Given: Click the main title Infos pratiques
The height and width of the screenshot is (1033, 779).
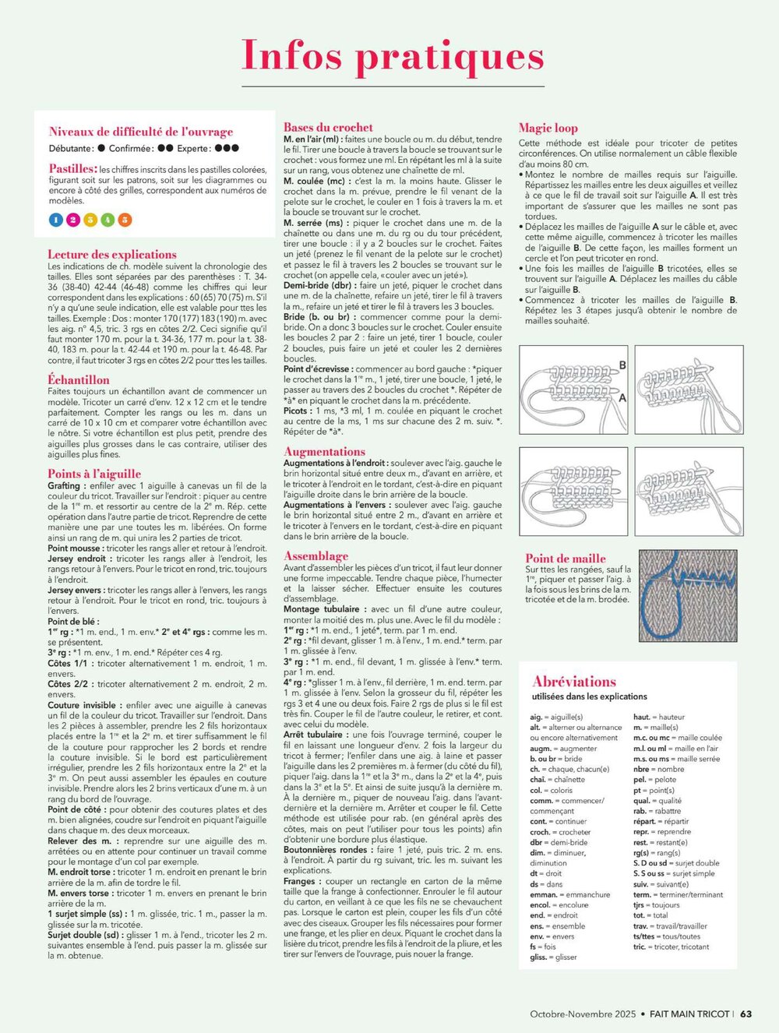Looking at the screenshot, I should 393,55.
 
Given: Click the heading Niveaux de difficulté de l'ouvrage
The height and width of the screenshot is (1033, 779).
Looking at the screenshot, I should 141,132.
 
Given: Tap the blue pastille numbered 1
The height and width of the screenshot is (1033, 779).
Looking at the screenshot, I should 56,220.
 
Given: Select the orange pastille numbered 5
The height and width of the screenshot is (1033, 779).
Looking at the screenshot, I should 124,220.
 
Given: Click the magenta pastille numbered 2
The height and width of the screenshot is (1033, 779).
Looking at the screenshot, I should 73,220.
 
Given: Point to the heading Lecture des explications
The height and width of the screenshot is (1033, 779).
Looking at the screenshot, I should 112,254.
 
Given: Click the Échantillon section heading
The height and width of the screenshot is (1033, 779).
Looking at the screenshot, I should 79,379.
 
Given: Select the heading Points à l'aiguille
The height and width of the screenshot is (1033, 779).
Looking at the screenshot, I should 94,473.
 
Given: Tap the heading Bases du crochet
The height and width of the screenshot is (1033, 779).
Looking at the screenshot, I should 328,127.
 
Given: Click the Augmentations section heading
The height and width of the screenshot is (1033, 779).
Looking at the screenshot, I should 324,451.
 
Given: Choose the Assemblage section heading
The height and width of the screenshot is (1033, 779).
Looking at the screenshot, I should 315,555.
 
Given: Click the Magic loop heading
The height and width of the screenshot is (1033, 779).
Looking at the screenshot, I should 548,128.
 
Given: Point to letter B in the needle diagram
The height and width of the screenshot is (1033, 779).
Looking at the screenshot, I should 622,365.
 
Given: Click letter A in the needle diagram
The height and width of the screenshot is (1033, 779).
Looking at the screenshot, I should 622,397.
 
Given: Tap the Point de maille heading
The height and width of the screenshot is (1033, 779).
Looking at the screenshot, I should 566,558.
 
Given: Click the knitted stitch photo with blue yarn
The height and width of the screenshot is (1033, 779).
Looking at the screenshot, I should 688,595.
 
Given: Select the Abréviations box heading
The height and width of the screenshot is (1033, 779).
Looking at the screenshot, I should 574,681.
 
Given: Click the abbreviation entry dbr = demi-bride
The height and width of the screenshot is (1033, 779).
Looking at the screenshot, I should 559,842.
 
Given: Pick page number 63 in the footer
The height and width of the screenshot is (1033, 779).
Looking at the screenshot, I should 746,1014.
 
